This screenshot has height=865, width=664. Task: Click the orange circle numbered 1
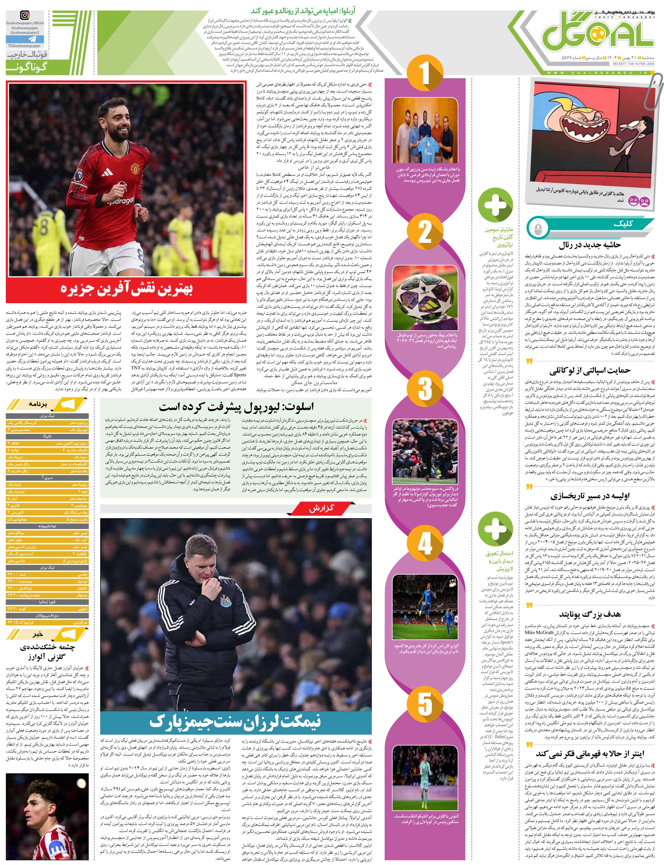click(x=424, y=72)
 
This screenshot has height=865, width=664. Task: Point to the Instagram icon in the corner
click(x=25, y=16)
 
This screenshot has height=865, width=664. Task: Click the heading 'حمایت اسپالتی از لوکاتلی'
click(x=590, y=370)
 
